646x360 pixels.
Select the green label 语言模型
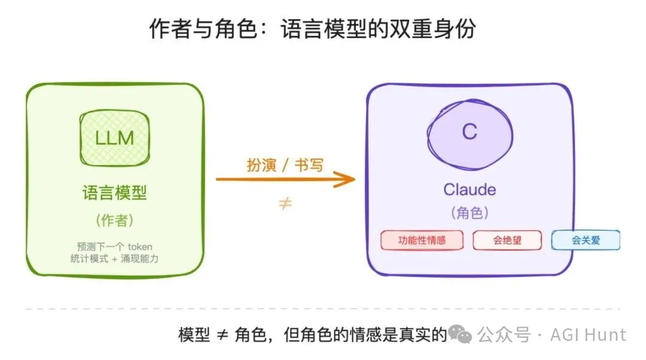point(114,193)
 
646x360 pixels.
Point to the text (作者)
point(114,220)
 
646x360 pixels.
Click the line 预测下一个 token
point(114,246)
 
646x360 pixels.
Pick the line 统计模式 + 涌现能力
point(114,258)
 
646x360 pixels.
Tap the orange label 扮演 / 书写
point(285,164)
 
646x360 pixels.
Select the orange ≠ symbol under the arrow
point(285,203)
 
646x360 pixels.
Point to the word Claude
point(470,190)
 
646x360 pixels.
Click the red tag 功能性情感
point(422,240)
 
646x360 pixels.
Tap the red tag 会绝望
point(507,240)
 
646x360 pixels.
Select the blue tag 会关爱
point(585,240)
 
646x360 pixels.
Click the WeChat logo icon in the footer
point(461,334)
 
